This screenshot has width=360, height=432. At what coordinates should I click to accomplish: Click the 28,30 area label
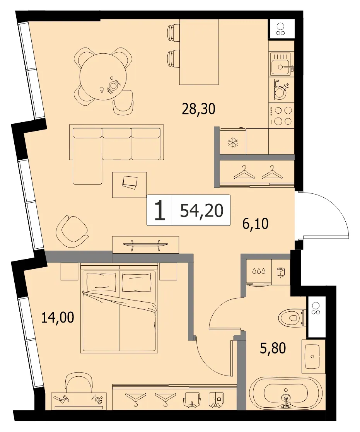(x=198, y=109)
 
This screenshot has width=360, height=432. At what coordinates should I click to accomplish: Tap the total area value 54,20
(x=201, y=211)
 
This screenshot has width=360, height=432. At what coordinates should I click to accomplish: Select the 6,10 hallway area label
(x=255, y=224)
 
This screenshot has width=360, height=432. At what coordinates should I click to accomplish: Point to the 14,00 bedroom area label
(x=58, y=318)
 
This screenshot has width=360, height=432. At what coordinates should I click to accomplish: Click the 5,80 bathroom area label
(x=273, y=348)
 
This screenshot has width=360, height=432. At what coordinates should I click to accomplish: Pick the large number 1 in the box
(x=160, y=210)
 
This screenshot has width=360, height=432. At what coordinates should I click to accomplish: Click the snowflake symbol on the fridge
(x=233, y=143)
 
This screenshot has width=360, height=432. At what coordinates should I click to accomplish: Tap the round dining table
(x=103, y=77)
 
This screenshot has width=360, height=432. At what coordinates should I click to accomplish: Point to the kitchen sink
(x=282, y=64)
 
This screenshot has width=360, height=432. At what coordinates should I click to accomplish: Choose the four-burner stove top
(x=282, y=116)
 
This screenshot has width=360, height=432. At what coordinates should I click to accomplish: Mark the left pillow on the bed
(x=101, y=282)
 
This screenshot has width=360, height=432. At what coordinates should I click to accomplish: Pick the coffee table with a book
(x=129, y=184)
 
